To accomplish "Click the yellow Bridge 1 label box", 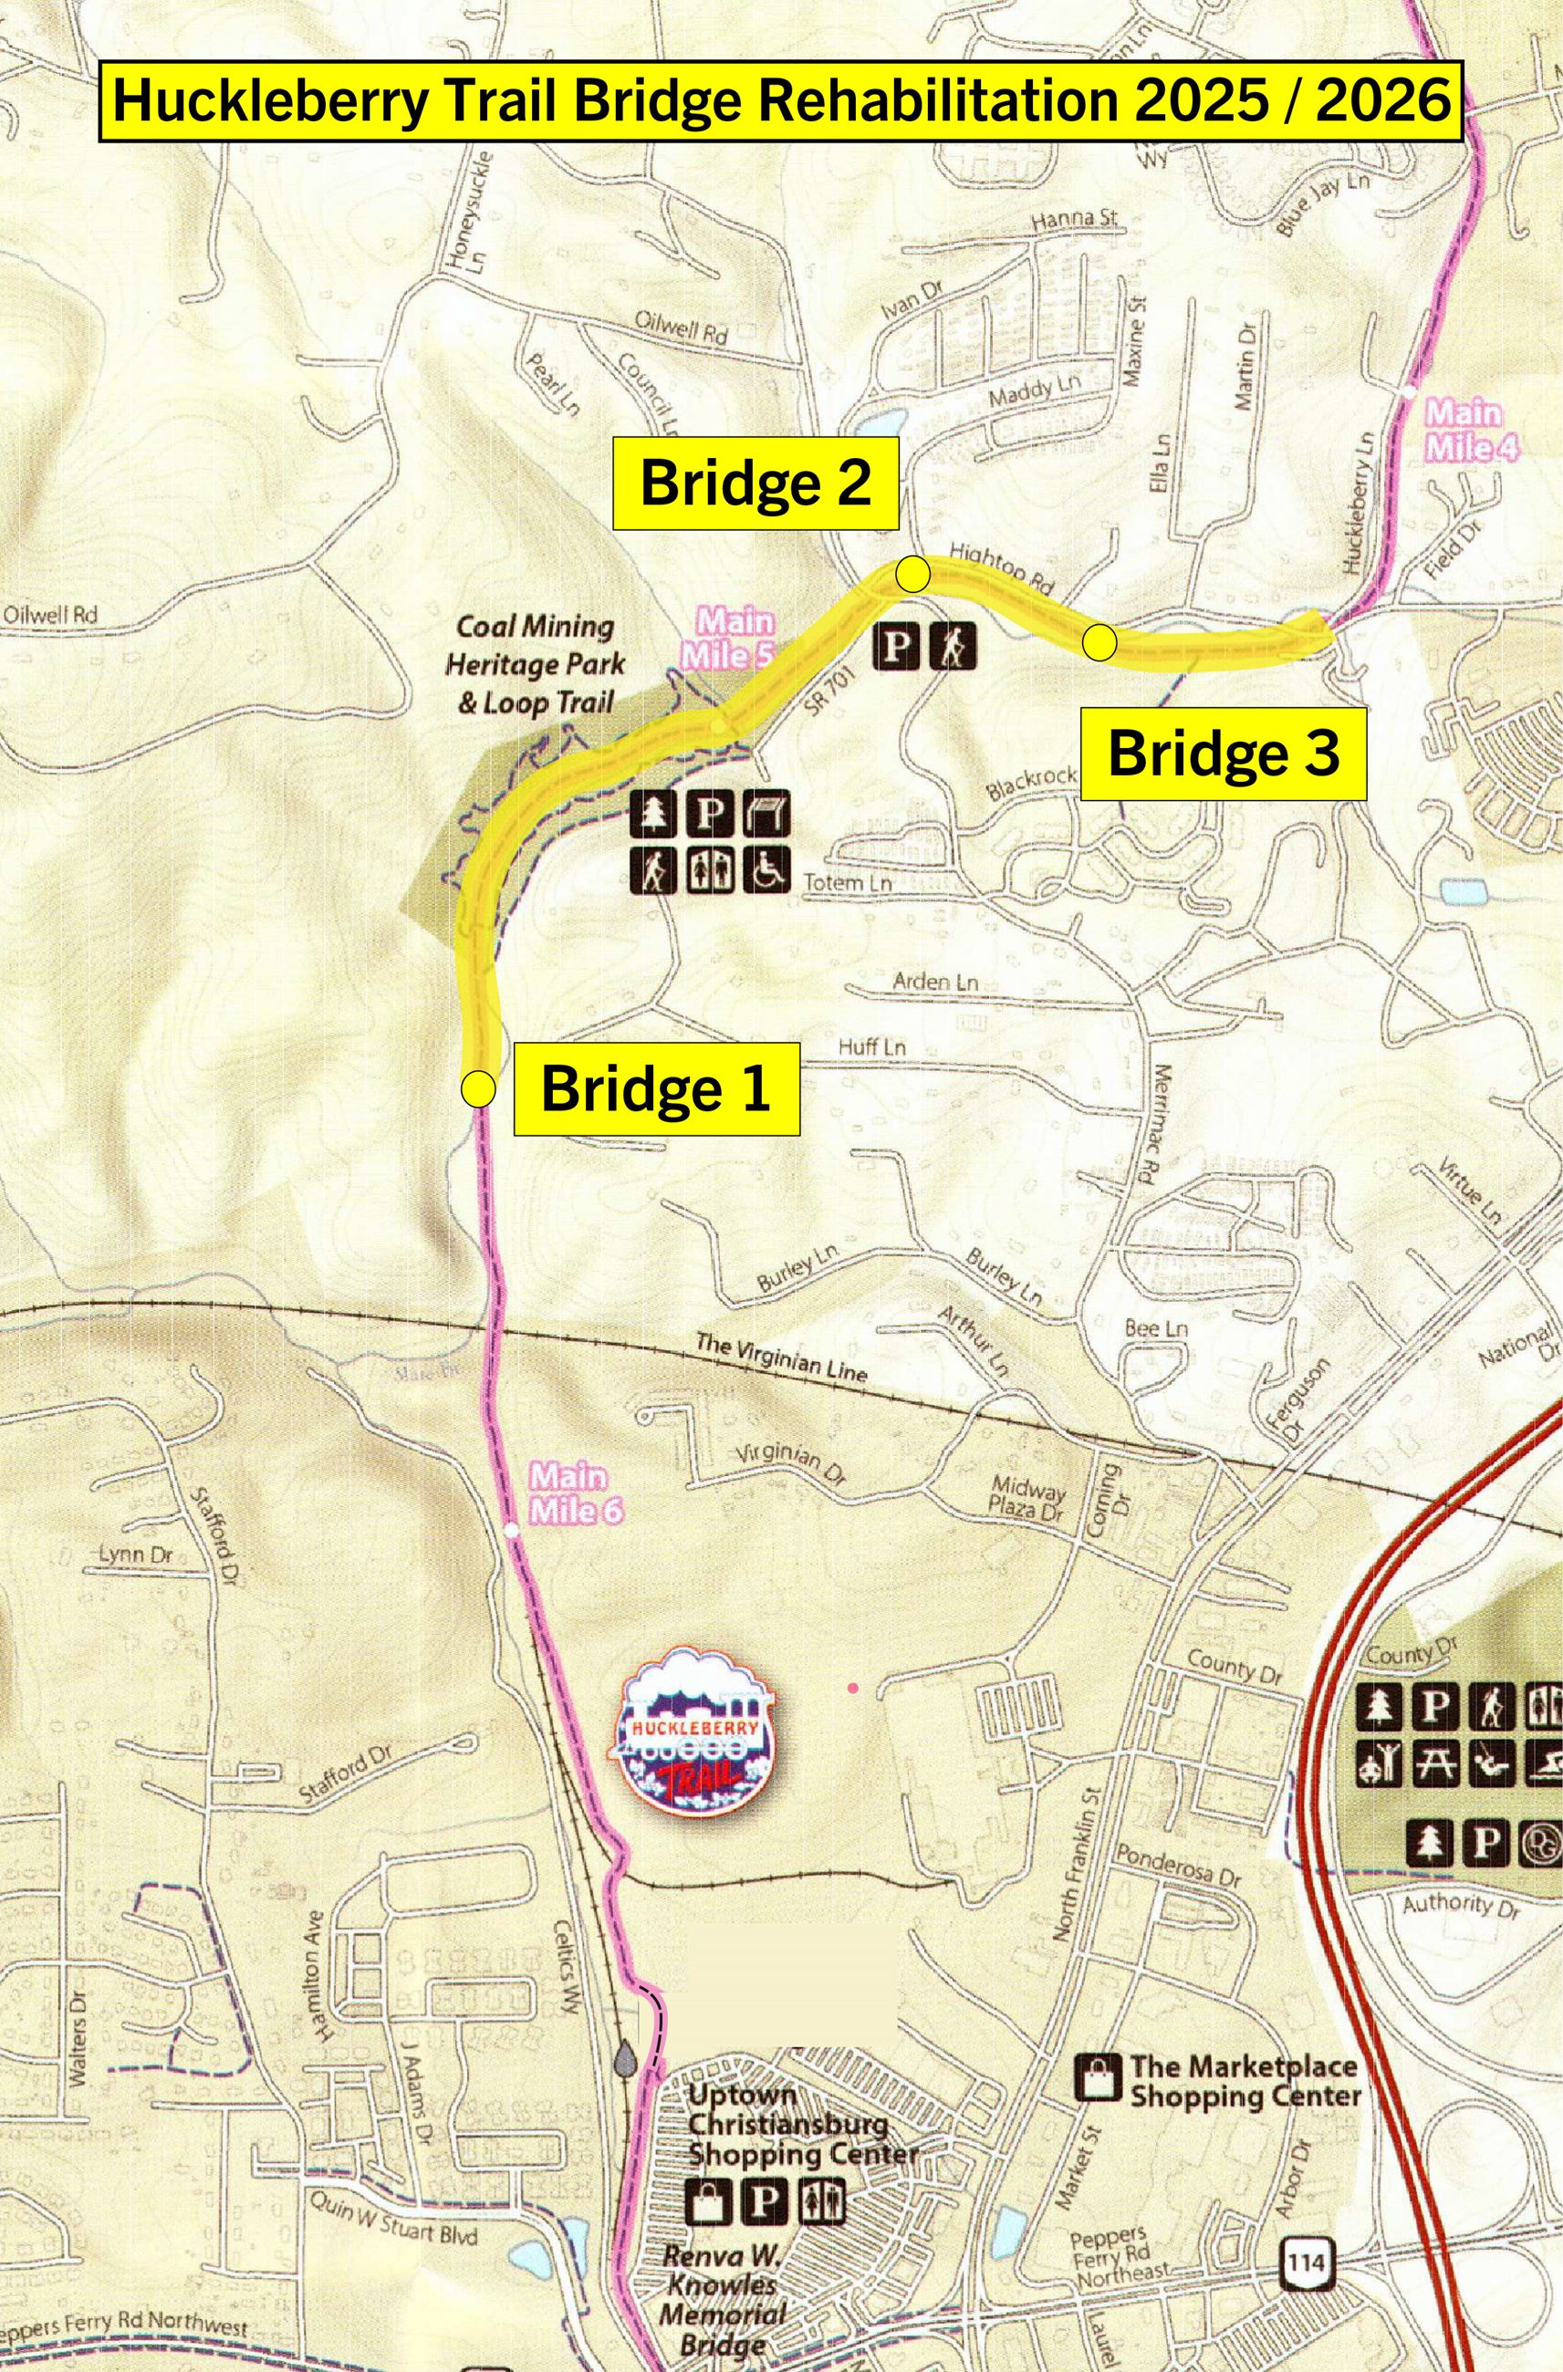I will coord(656,1087).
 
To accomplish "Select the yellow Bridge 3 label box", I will coord(1223,754).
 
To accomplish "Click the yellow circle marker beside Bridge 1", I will coord(478,1089).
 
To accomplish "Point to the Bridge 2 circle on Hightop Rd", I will coord(913,574).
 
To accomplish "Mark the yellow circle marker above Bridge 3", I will coord(1099,642).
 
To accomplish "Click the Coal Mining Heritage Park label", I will coord(536,665).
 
